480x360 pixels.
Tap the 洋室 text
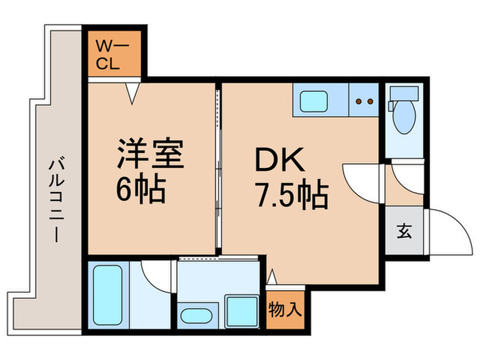pos(149,154)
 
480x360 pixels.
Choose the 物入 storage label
pos(285,309)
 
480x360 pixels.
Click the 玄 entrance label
pos(404,231)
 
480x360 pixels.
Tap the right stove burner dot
pos(371,102)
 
